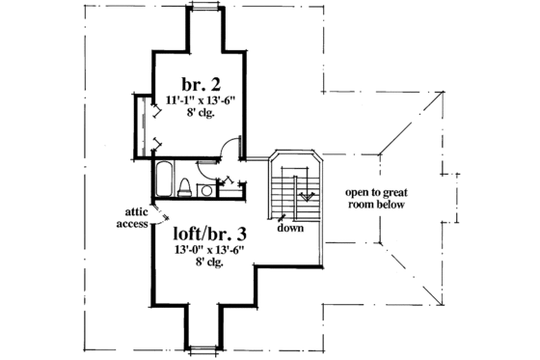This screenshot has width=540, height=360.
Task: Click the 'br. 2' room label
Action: point(196,82)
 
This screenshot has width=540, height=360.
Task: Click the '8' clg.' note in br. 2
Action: point(197,112)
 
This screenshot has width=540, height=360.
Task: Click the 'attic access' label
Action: point(130,217)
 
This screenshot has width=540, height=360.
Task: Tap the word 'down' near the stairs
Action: point(291,228)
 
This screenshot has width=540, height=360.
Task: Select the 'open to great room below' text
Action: point(376,199)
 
